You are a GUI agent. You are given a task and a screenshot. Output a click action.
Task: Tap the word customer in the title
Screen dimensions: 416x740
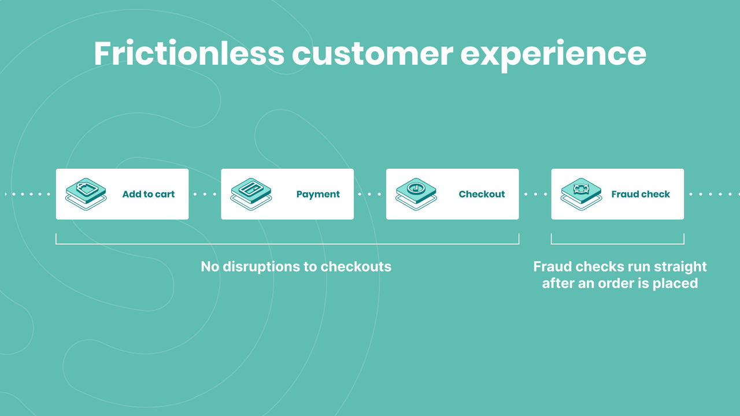[x=372, y=53]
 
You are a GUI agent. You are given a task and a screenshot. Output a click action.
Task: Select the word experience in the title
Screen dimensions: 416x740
[x=553, y=54]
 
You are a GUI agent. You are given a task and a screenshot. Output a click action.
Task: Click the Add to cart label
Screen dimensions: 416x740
[x=148, y=194]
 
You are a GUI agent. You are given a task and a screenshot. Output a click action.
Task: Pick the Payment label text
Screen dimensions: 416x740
[x=318, y=194]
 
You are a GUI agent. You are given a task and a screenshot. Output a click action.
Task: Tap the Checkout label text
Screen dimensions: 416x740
[x=482, y=194]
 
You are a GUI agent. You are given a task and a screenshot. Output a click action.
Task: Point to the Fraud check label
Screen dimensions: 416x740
[x=641, y=194]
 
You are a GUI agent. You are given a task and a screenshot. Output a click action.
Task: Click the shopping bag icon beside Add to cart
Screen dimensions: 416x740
[x=86, y=191]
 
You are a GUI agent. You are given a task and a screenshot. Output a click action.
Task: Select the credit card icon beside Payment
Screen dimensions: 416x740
[x=251, y=191]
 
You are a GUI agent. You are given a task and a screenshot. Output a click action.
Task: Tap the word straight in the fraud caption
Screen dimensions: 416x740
[x=679, y=266]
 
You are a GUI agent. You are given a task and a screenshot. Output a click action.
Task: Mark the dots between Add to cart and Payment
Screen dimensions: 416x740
[x=205, y=194]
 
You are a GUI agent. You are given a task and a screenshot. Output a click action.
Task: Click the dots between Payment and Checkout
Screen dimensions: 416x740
[x=370, y=194]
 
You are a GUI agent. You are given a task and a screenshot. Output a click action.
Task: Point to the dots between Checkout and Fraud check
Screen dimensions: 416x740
[x=535, y=194]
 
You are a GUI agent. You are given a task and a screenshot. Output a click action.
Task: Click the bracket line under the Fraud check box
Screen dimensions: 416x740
[x=617, y=244]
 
